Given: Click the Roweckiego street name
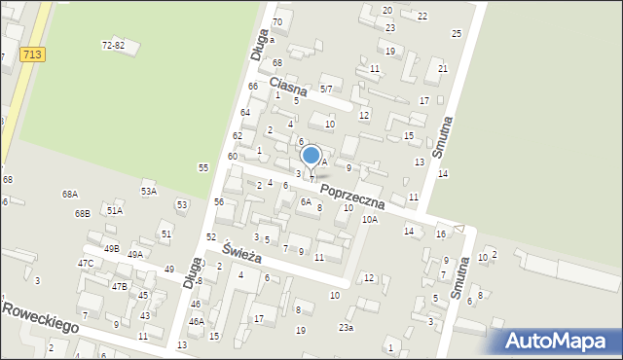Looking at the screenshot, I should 40,317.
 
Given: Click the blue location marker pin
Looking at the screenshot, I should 311,157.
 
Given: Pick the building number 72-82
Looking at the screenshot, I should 113,45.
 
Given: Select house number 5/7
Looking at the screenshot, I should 326,89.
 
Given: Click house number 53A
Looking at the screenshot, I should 148,192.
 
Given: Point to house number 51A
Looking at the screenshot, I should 115,210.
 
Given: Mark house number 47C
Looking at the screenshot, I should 86,263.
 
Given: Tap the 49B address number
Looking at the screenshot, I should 111,248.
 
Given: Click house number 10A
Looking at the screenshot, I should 369,220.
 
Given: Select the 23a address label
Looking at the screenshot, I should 346,328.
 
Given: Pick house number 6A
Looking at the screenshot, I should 306,202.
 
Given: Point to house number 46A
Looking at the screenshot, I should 196,321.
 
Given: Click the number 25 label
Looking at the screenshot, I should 457,34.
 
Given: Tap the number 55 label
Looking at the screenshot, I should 203,167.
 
